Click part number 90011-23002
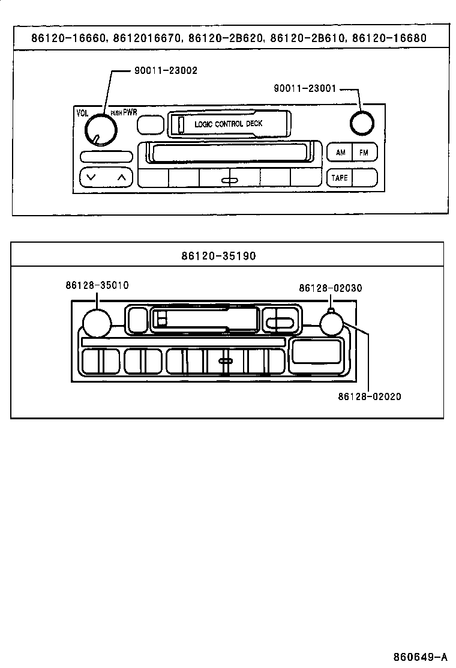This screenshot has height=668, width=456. (x=165, y=70)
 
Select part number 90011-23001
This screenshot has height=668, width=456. (x=305, y=88)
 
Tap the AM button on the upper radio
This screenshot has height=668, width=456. (x=340, y=153)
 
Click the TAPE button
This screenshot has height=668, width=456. (x=340, y=178)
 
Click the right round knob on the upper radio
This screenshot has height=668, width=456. (x=361, y=123)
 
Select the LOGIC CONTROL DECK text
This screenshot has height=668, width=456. (x=228, y=124)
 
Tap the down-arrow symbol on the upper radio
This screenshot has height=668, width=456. (x=91, y=177)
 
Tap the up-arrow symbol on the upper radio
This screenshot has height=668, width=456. (x=121, y=177)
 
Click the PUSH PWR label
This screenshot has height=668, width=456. (x=124, y=112)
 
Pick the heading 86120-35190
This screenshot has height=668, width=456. (x=227, y=256)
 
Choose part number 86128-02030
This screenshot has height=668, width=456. (x=331, y=288)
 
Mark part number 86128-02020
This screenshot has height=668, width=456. (x=370, y=396)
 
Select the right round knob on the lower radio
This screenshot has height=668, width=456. (x=331, y=324)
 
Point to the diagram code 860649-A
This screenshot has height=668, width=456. (x=420, y=655)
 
